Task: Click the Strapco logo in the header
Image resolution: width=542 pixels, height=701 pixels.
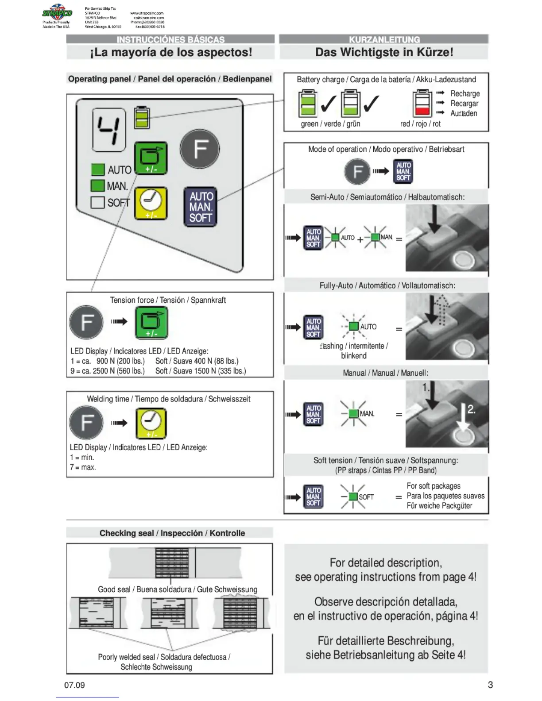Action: coord(57,13)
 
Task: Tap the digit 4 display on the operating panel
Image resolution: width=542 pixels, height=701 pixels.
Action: coord(108,130)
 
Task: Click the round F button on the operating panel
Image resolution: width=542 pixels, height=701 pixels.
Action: coord(200,149)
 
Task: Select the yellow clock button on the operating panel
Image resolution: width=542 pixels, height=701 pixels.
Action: coord(151,203)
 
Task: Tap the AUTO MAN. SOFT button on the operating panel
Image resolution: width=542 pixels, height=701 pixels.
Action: coord(201,207)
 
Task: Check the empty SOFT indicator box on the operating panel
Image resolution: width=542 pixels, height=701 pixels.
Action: coord(97,202)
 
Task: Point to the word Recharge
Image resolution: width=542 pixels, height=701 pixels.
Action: coord(465,93)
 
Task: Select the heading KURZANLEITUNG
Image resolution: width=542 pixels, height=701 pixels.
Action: coord(384,39)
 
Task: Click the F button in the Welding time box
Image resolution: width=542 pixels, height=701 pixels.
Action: coord(86,422)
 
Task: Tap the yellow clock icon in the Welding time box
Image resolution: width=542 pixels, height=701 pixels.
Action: coord(151,423)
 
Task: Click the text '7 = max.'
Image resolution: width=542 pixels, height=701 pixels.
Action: coord(83,467)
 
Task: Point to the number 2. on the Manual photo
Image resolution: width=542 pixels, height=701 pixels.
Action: coord(471,409)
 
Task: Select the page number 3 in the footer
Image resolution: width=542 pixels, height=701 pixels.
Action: coord(490,685)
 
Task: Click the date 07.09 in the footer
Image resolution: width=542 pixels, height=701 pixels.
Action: coord(74,685)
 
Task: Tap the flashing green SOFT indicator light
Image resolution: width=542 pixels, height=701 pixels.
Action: coord(353,497)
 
